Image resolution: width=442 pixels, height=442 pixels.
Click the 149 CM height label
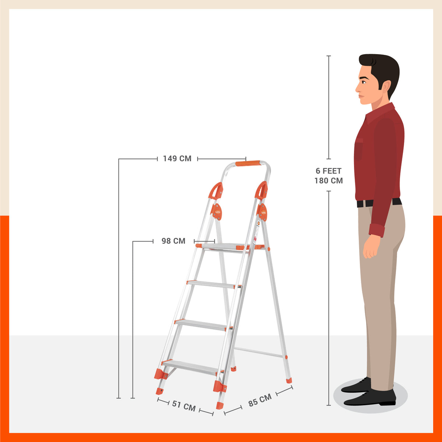click(x=177, y=159)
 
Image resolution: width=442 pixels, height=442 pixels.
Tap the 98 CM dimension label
click(x=173, y=241)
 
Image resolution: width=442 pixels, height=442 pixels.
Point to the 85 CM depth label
click(x=260, y=400)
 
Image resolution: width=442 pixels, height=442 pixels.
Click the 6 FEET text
click(x=329, y=171)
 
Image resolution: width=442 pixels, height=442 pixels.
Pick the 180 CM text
click(x=329, y=181)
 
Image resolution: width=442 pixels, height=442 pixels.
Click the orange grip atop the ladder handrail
click(x=248, y=163)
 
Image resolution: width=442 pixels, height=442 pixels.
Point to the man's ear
click(x=386, y=87)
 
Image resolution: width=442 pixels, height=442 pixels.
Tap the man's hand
click(x=371, y=247)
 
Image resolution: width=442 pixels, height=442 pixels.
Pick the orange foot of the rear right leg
click(x=288, y=380)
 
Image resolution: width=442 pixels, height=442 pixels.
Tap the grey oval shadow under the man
click(x=370, y=396)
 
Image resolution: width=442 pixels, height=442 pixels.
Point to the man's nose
click(x=357, y=88)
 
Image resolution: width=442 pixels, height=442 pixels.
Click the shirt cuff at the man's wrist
click(x=376, y=230)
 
